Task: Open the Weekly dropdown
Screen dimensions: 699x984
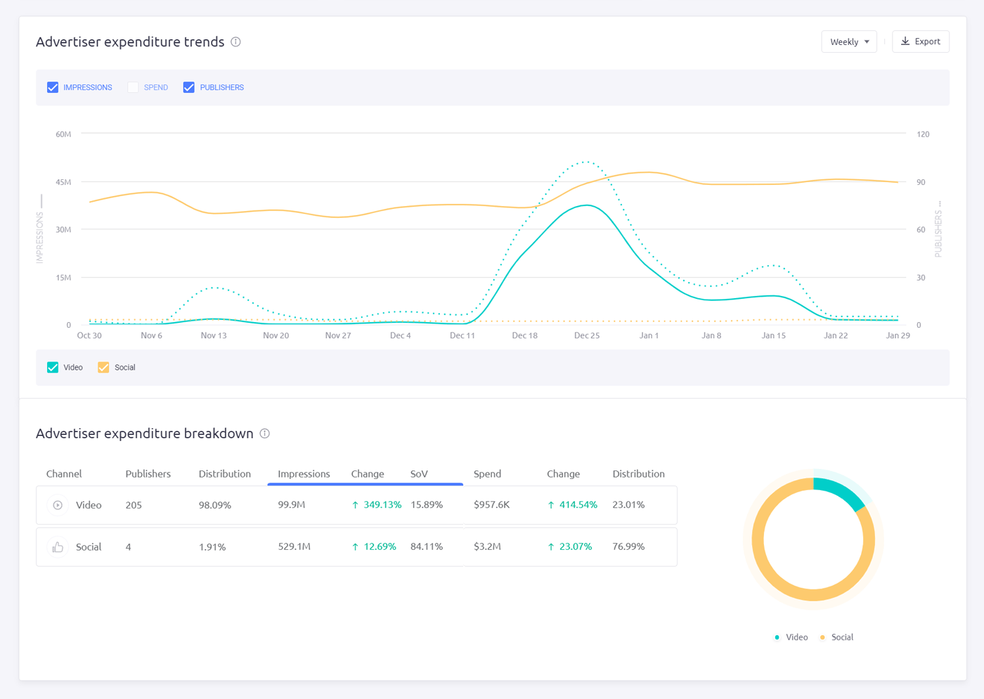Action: [x=848, y=41]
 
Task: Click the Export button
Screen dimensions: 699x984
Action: [x=920, y=41]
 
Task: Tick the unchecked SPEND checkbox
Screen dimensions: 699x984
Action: [x=133, y=87]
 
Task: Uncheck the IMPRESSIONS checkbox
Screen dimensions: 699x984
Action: [x=53, y=87]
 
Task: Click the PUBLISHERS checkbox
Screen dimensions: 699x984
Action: [x=189, y=87]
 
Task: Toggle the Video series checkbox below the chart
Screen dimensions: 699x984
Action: [x=53, y=368]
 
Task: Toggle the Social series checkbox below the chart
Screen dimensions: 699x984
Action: [x=103, y=368]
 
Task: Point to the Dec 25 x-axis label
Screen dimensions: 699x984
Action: [x=586, y=335]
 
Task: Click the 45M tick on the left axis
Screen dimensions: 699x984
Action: [x=63, y=182]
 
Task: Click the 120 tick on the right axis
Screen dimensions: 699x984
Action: [x=922, y=134]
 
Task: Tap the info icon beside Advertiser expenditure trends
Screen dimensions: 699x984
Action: [x=236, y=42]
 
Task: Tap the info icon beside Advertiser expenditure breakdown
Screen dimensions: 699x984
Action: [x=265, y=434]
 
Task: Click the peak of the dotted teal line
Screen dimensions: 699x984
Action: [x=586, y=162]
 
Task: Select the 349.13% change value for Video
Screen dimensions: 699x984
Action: [x=382, y=505]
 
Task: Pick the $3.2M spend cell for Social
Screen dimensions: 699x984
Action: [x=487, y=546]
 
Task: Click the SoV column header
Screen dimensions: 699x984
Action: [x=419, y=474]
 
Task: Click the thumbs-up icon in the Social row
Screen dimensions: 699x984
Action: [x=58, y=547]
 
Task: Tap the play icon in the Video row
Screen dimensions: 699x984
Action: [x=58, y=505]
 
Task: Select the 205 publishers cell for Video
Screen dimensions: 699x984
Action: [x=134, y=505]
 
